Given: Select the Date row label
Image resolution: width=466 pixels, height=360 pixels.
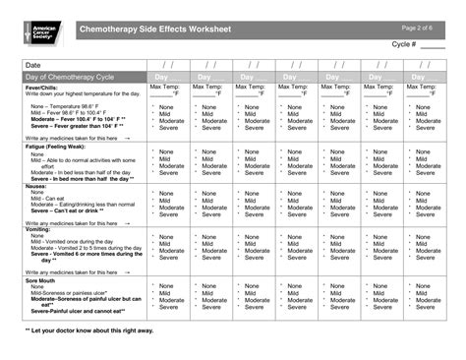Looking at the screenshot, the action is (32, 65).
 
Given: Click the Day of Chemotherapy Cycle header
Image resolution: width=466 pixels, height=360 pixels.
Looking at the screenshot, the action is (70, 77).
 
